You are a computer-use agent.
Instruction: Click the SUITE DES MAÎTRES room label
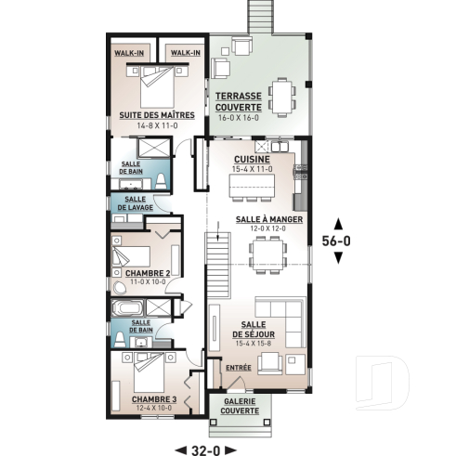[156, 114]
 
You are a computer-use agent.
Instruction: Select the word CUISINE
[252, 159]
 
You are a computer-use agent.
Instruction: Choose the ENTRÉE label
[239, 368]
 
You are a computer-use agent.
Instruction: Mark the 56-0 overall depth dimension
[337, 239]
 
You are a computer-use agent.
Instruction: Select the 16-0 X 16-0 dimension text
[238, 118]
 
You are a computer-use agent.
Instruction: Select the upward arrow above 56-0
[337, 221]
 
